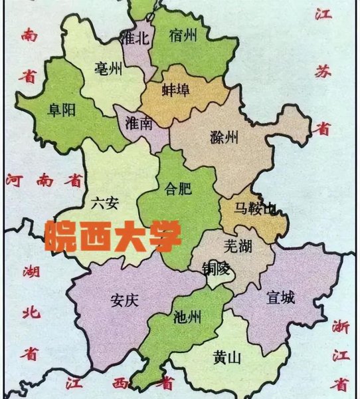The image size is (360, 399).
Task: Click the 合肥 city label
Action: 177,189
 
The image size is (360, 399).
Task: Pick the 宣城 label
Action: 280,297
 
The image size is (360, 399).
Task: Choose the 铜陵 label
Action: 217,269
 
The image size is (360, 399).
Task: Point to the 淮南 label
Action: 140,124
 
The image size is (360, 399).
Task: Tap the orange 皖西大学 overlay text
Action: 113,236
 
